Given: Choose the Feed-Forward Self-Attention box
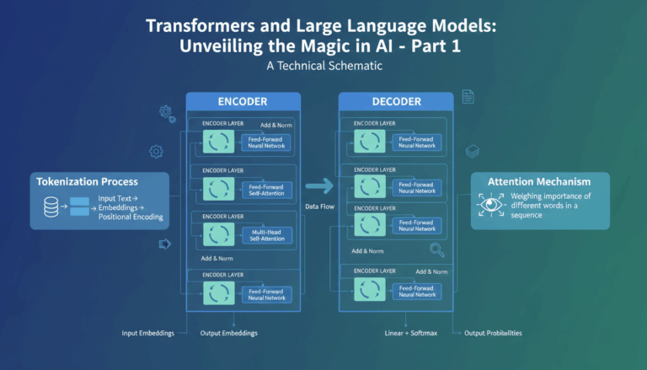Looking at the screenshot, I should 266,189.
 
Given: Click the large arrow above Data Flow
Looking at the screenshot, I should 319,187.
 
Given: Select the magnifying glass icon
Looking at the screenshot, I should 436,249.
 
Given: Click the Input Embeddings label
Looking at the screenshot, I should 147,333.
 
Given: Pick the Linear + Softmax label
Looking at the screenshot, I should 409,333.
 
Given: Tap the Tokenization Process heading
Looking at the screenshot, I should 87,181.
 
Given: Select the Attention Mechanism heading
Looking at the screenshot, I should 539,181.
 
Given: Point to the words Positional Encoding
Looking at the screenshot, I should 131,217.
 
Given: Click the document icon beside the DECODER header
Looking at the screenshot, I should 468,97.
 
